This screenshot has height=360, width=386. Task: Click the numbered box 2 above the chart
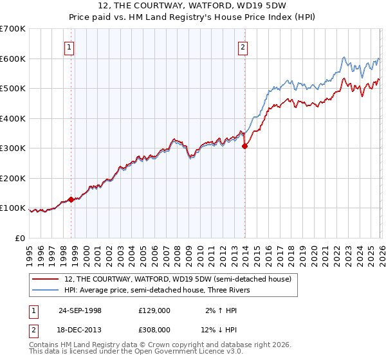click(x=243, y=46)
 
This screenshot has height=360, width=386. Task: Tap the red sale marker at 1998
click(x=71, y=199)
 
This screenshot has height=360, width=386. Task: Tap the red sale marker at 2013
click(x=244, y=147)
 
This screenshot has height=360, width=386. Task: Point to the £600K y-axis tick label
click(x=13, y=59)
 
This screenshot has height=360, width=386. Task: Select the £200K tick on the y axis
click(x=13, y=178)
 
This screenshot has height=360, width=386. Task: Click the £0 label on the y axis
click(x=19, y=238)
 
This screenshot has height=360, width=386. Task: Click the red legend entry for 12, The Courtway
click(x=178, y=279)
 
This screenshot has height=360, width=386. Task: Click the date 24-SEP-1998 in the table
click(x=80, y=310)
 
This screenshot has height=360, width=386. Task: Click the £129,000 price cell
click(x=154, y=310)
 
